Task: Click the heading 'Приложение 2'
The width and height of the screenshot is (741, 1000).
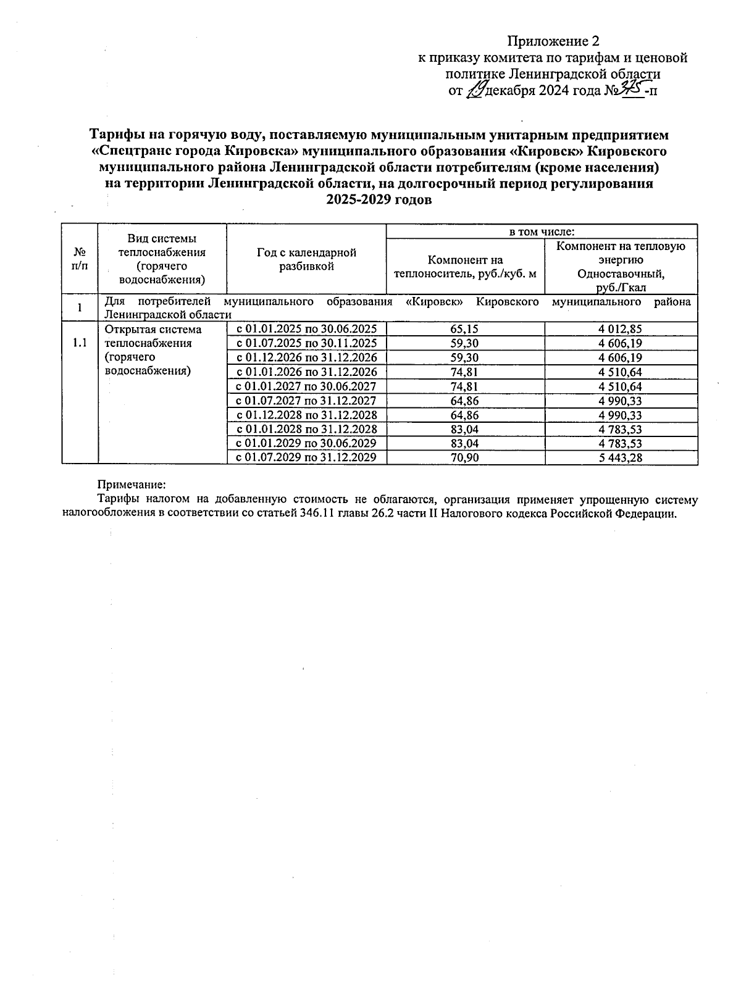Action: [553, 41]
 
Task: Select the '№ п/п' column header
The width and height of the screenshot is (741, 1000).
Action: [80, 259]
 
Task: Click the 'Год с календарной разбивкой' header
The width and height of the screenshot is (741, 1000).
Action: [306, 259]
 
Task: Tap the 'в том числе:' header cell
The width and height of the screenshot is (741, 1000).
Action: [541, 231]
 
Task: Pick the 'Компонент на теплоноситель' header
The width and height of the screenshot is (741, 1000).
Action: [465, 267]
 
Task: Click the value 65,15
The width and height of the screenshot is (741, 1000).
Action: [464, 329]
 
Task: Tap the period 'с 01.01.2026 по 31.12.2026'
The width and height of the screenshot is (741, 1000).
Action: [306, 372]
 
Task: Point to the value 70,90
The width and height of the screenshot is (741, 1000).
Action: [464, 457]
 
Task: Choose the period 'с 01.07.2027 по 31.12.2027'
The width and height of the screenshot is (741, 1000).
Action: [306, 401]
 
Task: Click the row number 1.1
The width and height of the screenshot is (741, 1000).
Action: [80, 343]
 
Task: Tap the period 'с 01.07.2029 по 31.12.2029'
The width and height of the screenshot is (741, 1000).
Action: [306, 457]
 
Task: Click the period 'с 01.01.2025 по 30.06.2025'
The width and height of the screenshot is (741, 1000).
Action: [306, 329]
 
